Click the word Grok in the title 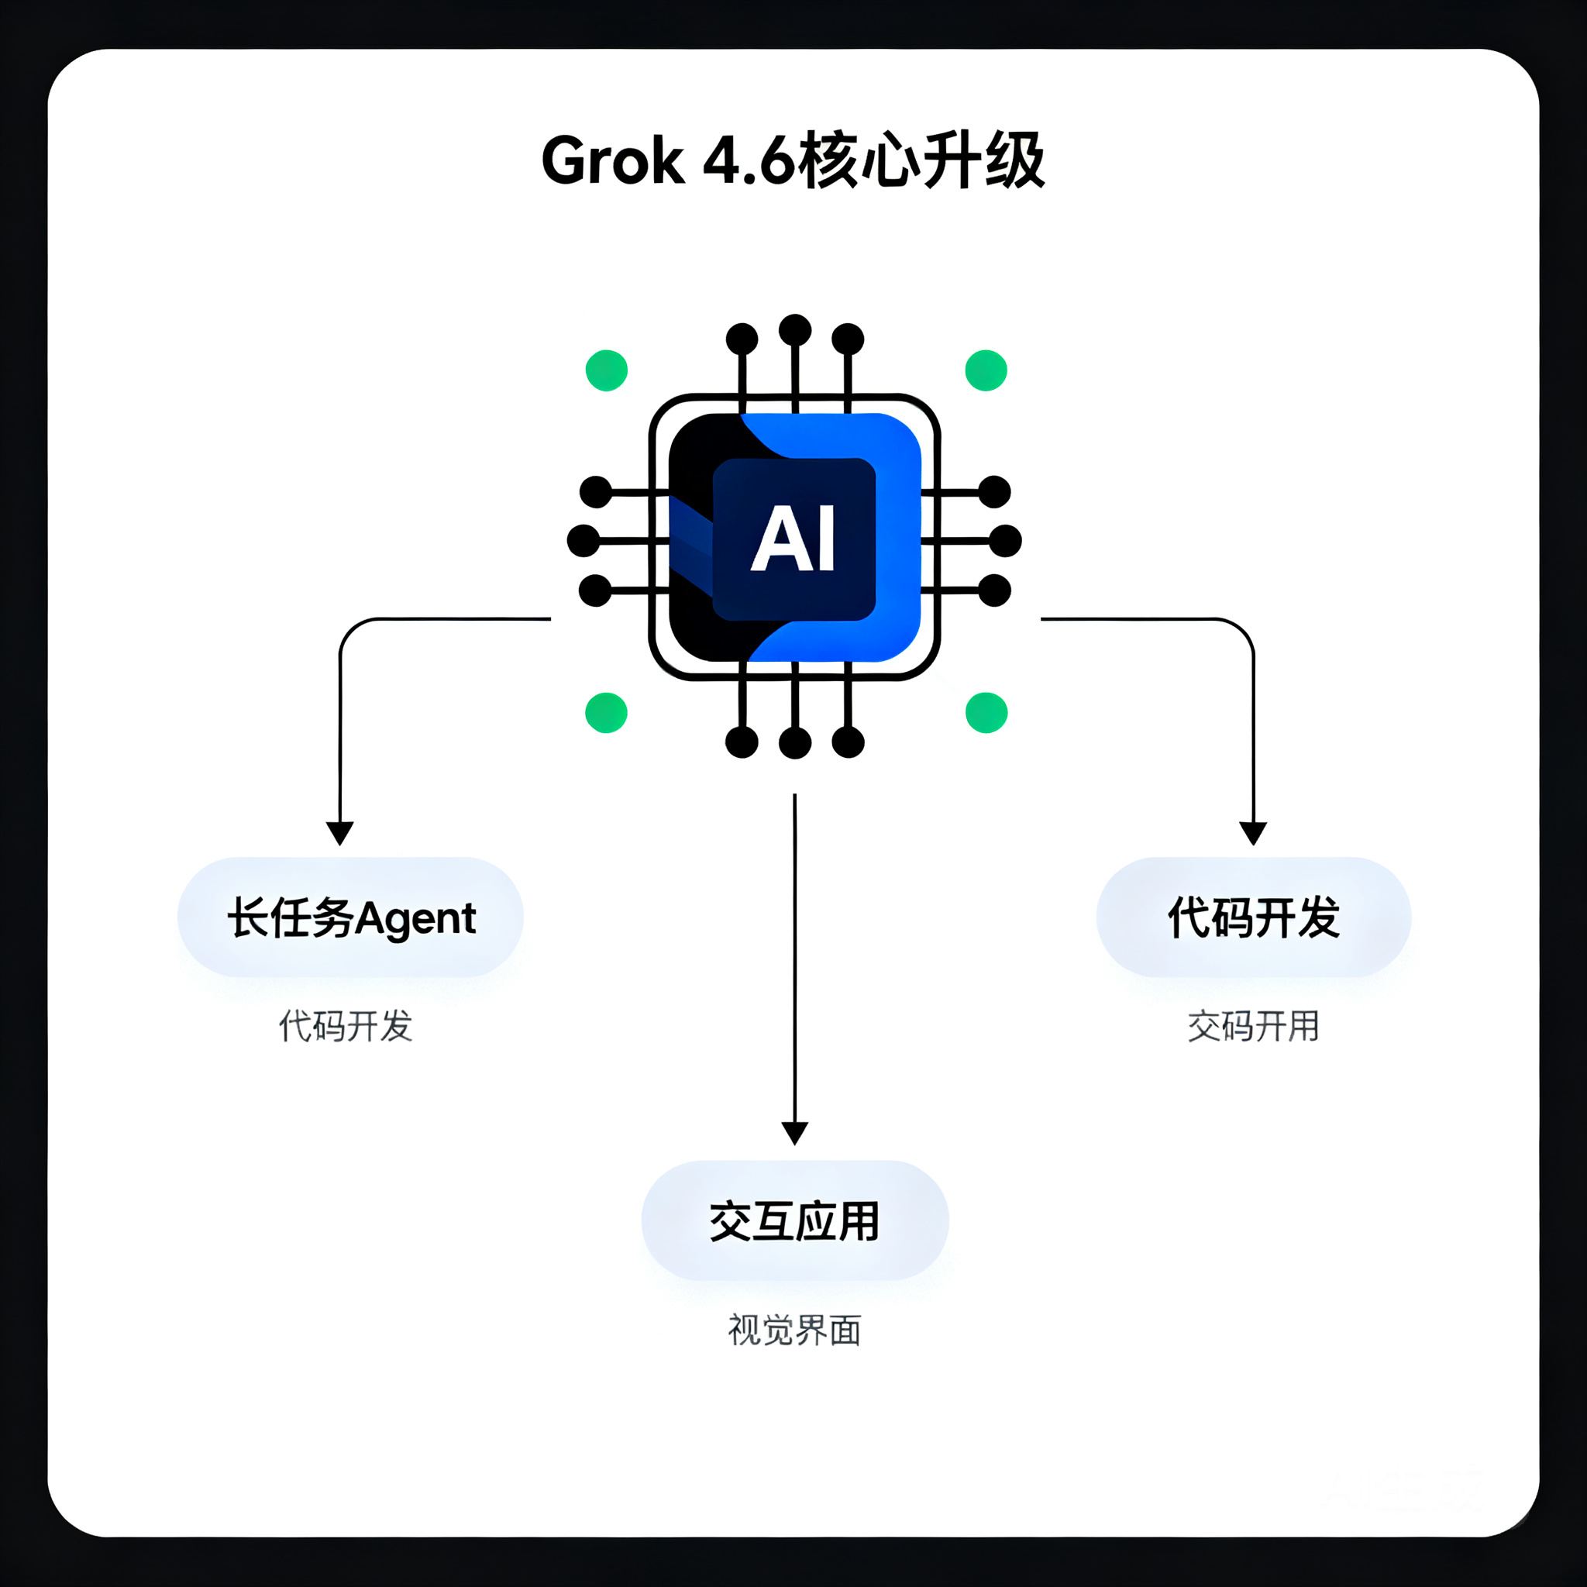point(613,161)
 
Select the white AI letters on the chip point(793,539)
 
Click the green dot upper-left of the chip point(606,370)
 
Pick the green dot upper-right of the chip point(986,370)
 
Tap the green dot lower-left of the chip point(606,712)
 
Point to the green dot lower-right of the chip point(986,712)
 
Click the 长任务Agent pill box point(351,917)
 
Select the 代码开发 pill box point(1254,917)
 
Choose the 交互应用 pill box point(795,1220)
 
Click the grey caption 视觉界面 point(794,1330)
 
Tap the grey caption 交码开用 point(1254,1027)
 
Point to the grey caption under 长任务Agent point(346,1027)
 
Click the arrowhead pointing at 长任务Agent point(340,833)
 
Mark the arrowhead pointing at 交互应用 point(794,1134)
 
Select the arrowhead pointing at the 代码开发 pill point(1253,833)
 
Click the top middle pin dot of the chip point(794,330)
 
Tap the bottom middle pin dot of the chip point(794,742)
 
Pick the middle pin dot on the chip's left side point(584,541)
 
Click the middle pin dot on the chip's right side point(1005,541)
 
